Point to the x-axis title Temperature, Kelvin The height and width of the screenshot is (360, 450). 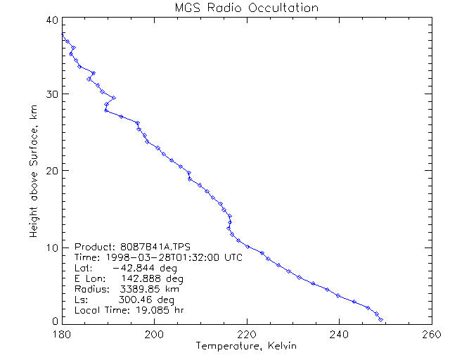coord(246,346)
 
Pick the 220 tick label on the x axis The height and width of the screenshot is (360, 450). coord(247,335)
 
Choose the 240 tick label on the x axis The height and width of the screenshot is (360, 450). coord(339,335)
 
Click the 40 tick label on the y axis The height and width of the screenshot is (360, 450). coord(51,20)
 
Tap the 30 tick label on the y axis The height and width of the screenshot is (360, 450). coord(51,94)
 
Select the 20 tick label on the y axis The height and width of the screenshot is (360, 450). coord(51,170)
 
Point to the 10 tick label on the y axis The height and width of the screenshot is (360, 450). coord(51,247)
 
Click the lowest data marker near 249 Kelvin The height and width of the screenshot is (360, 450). coord(380,320)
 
